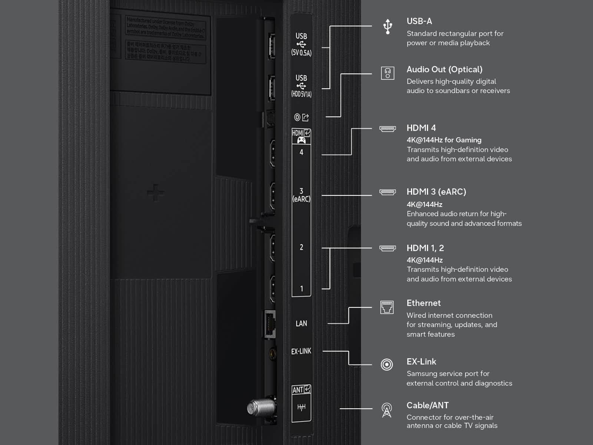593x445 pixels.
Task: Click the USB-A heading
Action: pos(419,22)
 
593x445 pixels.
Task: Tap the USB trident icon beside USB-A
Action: pos(387,26)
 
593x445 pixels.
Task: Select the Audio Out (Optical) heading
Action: pos(444,69)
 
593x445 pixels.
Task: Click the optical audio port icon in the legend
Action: pos(387,73)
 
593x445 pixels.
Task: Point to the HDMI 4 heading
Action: pos(421,128)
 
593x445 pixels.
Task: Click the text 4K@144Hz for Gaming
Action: pos(444,140)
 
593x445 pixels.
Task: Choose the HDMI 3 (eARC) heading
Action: pos(436,192)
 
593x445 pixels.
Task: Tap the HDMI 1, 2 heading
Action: pos(425,248)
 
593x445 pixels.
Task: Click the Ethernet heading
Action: pos(423,303)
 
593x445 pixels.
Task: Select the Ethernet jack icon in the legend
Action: pos(387,307)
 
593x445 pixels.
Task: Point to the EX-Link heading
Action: pos(421,362)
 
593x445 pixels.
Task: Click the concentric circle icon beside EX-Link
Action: pos(387,365)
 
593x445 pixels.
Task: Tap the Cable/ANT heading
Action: pos(427,405)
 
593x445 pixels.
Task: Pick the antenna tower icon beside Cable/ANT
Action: pos(387,410)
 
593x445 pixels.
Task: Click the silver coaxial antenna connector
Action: pos(261,408)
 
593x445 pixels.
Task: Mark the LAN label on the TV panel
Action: pos(301,323)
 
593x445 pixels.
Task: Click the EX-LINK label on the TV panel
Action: pos(301,351)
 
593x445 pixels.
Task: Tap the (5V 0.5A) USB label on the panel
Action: pos(301,53)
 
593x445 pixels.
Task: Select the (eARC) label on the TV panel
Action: pos(301,199)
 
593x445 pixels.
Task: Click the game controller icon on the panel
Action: pos(301,140)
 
